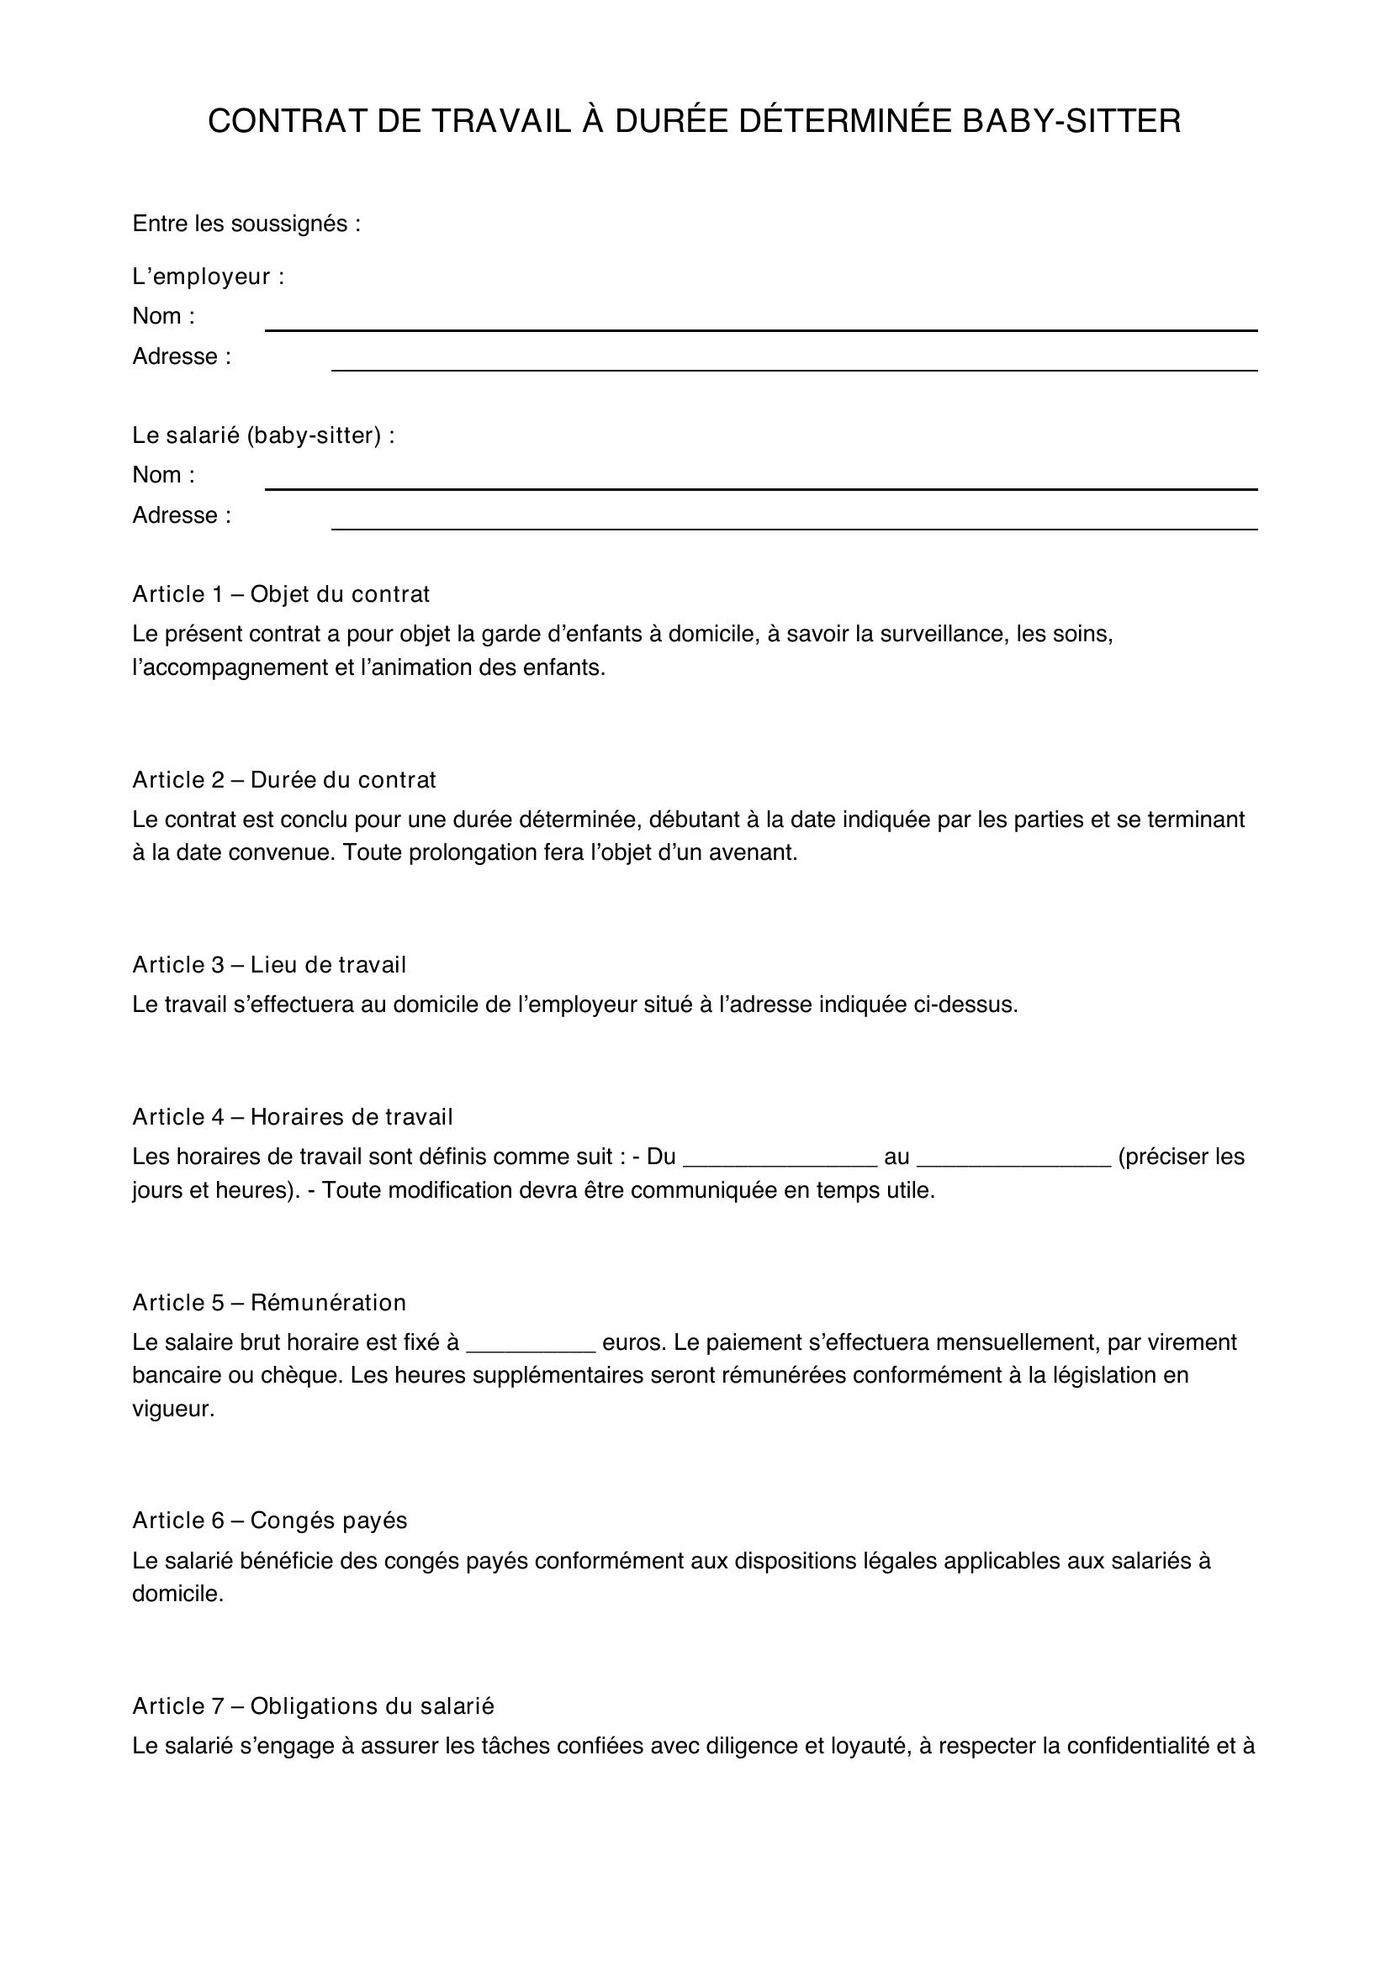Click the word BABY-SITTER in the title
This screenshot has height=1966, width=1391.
[1071, 122]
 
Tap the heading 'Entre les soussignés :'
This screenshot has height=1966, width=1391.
[246, 224]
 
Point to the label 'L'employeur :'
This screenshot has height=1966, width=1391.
[208, 277]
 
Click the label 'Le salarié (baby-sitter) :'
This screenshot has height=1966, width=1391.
[264, 436]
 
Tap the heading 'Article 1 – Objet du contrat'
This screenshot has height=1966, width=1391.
[281, 594]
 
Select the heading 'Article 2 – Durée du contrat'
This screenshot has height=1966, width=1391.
[284, 780]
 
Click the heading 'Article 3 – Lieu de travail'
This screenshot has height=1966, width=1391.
[269, 965]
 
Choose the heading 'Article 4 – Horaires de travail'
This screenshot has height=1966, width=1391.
[292, 1116]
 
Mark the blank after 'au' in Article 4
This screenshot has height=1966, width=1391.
[1014, 1158]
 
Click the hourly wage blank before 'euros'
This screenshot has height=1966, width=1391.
[530, 1343]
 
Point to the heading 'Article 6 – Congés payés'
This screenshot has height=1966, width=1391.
[270, 1521]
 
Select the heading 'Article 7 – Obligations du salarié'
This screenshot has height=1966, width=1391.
[314, 1706]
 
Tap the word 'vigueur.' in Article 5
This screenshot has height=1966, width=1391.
[173, 1409]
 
